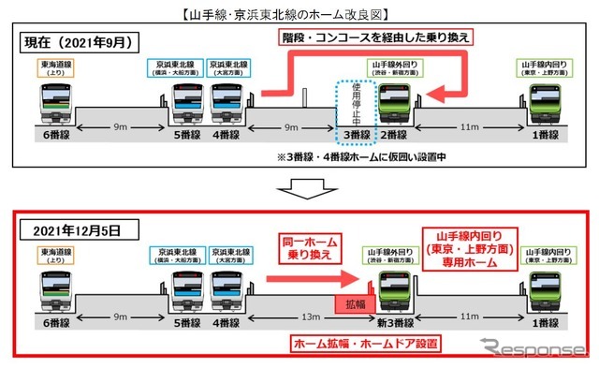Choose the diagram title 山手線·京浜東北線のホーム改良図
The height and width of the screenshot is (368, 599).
click(x=299, y=12)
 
